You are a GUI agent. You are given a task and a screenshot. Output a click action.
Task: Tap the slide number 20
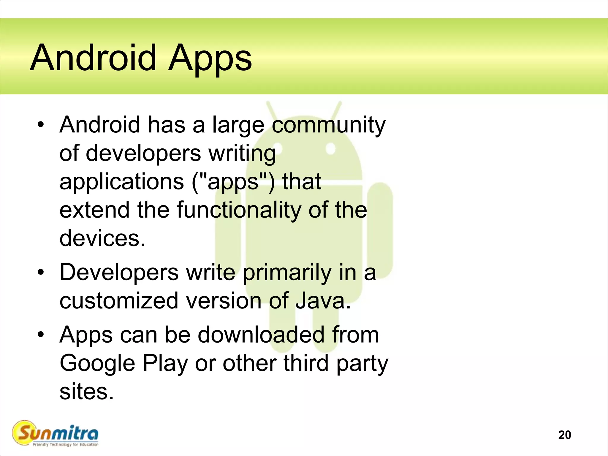pos(564,435)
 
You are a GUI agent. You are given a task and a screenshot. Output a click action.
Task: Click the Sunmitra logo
pos(55,433)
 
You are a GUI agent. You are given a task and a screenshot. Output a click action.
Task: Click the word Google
pos(97,364)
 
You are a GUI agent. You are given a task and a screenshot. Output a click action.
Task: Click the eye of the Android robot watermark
pos(330,148)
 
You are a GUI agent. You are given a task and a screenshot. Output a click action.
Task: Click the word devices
pos(102,238)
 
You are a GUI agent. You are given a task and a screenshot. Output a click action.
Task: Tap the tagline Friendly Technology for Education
pos(66,445)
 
